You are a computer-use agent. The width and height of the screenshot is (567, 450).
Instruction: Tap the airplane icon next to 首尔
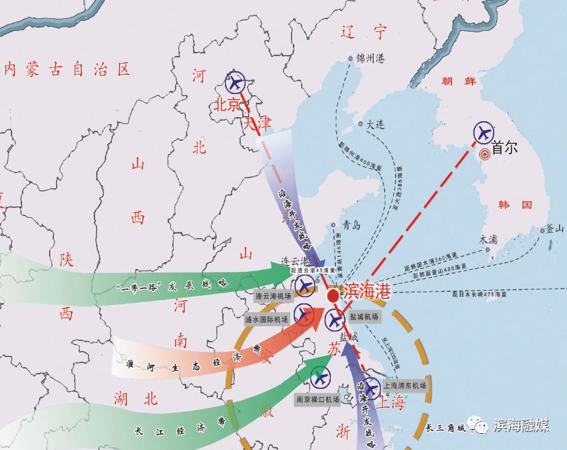484,132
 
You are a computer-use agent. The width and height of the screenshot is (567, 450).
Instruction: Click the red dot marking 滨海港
333,296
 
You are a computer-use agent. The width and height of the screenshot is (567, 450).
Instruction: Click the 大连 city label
376,124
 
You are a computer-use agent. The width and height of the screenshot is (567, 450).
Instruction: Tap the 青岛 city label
350,226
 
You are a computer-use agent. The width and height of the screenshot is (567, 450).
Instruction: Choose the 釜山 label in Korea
554,229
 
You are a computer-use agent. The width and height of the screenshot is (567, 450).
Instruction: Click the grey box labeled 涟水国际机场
266,319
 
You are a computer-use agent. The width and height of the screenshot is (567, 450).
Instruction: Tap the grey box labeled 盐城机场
363,317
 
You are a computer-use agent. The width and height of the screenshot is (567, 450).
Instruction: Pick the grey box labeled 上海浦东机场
405,386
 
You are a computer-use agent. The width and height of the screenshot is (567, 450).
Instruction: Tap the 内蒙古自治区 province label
67,69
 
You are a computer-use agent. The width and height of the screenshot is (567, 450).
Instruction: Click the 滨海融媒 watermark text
520,425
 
